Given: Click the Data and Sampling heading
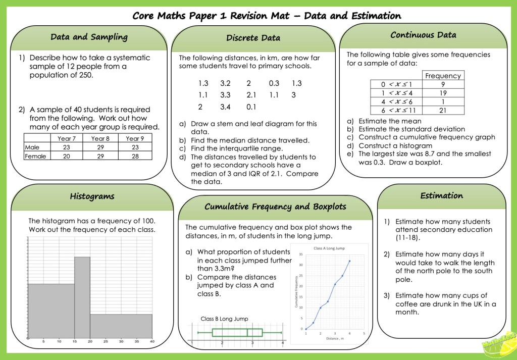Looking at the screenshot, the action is tap(89, 37).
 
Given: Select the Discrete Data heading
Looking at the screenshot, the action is tap(253, 38).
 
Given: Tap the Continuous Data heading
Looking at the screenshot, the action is tap(423, 35).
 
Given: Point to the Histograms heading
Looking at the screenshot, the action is tap(92, 196).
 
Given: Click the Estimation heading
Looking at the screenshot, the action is tap(441, 195).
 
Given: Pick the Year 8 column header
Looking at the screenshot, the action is tap(100, 138).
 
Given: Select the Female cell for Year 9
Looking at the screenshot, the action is tap(135, 156).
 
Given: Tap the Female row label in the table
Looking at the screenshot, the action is tap(35, 156).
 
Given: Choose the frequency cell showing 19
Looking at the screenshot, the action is tap(443, 93).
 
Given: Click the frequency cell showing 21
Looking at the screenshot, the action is tap(443, 110).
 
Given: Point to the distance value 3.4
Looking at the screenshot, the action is tap(226, 107).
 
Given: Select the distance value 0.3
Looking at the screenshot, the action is tap(274, 83).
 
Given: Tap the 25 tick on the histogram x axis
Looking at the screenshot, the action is tap(106, 342).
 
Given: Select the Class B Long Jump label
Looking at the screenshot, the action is tap(224, 319).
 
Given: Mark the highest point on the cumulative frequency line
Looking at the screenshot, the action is tap(349, 261).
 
